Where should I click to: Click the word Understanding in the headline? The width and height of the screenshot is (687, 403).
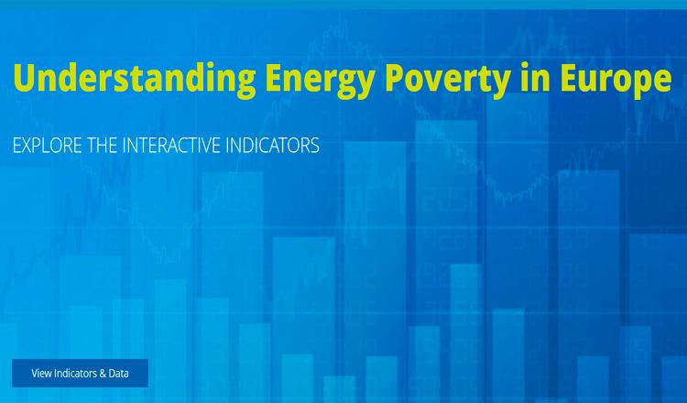point(135,78)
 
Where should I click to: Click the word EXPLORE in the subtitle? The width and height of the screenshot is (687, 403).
point(48,146)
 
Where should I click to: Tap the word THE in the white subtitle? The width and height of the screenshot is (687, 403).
point(102,146)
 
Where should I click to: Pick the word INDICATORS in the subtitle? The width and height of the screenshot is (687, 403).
point(273,146)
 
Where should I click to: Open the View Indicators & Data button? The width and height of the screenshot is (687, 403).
point(80,373)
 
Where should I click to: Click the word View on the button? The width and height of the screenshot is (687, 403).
point(41,373)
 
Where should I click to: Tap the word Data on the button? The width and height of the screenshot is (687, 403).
point(119,373)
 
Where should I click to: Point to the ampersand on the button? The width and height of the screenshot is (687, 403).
point(103,373)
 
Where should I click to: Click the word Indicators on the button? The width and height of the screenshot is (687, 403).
point(75,373)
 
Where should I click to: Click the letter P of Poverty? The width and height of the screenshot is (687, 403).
point(395,78)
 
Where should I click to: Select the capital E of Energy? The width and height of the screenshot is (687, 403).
point(274,78)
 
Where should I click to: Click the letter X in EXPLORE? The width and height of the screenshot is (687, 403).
point(28,146)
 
